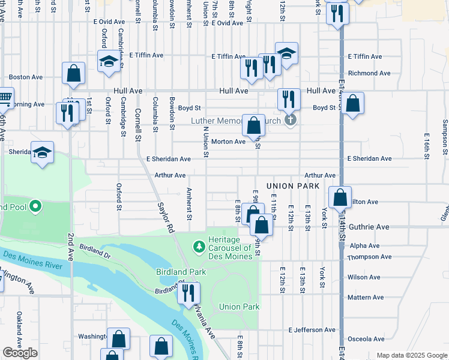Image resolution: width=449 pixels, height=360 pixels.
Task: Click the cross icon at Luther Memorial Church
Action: coord(290,120)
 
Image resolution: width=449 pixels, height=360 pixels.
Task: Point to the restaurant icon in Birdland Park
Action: coord(188,293)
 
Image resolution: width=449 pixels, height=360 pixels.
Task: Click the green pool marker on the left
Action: coord(35,207)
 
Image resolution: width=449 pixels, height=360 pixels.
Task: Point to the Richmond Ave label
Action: coord(369,73)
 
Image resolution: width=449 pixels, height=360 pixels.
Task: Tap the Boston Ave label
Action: coord(25,77)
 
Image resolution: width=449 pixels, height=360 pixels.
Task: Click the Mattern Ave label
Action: coord(365,298)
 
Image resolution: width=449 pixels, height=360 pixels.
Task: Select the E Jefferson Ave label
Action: coord(312,330)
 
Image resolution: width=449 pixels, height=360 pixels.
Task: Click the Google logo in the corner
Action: coord(20,353)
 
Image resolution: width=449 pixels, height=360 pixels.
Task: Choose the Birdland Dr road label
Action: coord(95,251)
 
